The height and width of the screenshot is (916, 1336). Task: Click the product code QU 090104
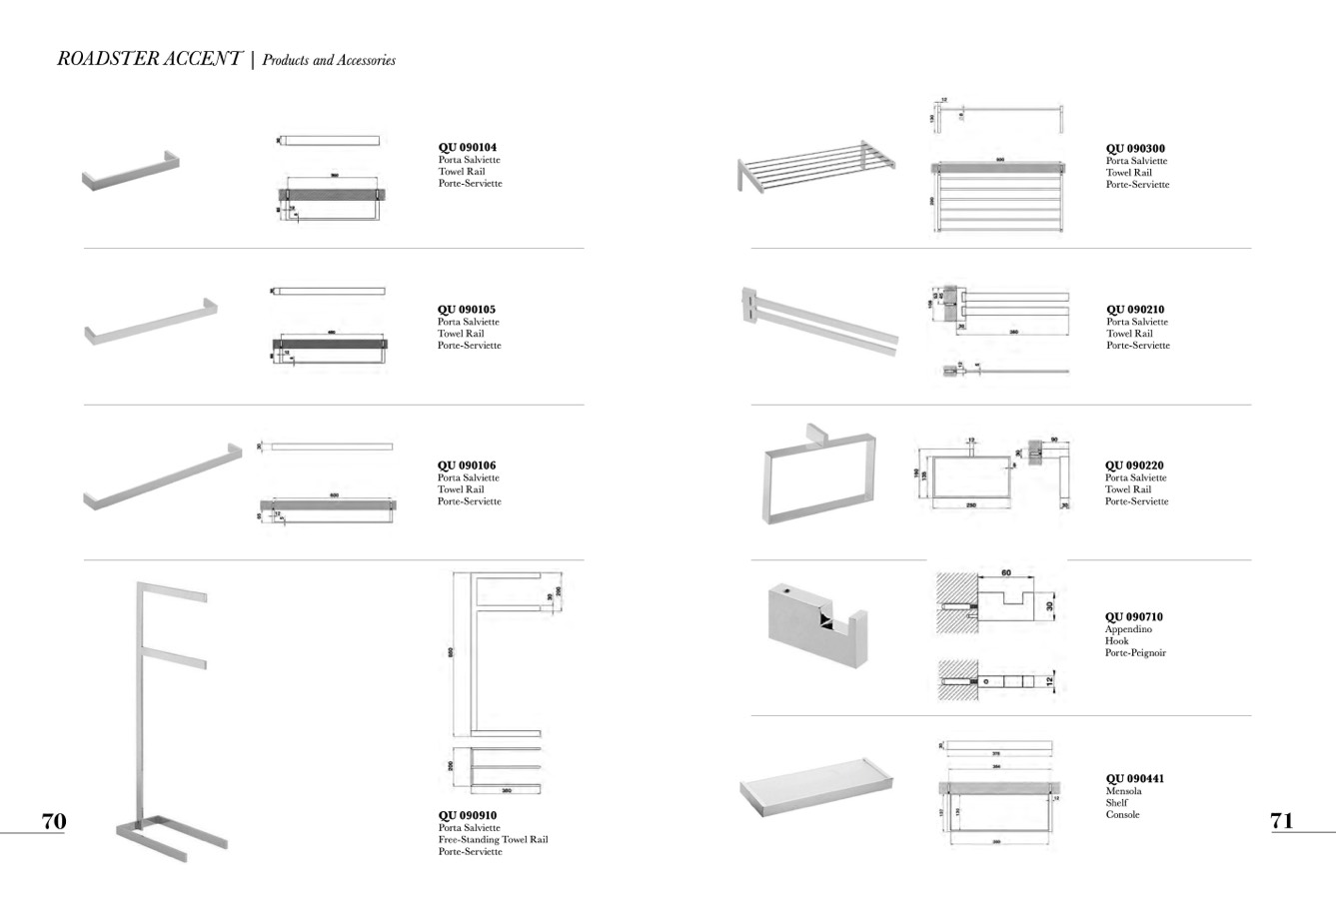click(467, 148)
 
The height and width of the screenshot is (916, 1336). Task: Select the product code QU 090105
click(466, 310)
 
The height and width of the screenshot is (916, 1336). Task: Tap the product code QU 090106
click(466, 465)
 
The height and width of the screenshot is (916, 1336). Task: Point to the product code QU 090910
click(467, 816)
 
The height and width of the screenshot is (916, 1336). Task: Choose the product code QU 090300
click(1135, 149)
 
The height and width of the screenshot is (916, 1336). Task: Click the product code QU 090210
click(1135, 310)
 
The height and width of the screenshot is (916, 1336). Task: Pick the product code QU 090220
click(1134, 465)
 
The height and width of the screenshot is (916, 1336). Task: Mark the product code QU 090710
click(1134, 617)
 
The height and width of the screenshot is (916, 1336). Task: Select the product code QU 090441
click(1134, 779)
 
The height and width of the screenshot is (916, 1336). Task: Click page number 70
click(54, 821)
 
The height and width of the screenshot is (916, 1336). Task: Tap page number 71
click(1282, 821)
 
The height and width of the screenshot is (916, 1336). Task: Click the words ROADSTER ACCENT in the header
click(149, 59)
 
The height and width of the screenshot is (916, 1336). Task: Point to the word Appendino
click(1128, 629)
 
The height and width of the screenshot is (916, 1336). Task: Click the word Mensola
click(1123, 791)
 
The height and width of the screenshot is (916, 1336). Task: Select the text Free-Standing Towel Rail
click(493, 840)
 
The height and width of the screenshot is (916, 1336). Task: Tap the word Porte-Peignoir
click(1135, 653)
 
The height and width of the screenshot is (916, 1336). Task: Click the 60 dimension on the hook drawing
click(1005, 573)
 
